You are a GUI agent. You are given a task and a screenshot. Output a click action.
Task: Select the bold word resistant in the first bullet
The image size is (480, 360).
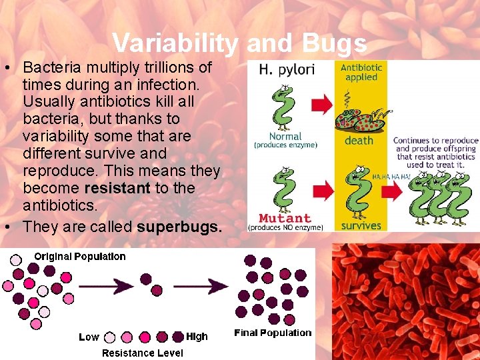[117, 189]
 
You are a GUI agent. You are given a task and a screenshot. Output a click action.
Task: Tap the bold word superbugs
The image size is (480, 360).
[179, 227]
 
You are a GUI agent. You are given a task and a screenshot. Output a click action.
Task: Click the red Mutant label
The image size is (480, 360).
[285, 218]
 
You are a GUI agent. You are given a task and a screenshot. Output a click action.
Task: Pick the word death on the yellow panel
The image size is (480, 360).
[359, 141]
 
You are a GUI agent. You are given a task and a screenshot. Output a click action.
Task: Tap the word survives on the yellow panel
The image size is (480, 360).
[360, 226]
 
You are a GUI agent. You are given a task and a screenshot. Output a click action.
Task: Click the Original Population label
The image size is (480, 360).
[79, 257]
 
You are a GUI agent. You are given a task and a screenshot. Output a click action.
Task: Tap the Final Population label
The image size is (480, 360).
[273, 333]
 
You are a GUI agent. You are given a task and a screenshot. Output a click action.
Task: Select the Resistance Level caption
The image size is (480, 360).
[142, 353]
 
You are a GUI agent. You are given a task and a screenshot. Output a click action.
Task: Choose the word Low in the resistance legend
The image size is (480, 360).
[89, 337]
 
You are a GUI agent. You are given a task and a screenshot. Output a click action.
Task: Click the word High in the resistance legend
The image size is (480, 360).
[197, 337]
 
